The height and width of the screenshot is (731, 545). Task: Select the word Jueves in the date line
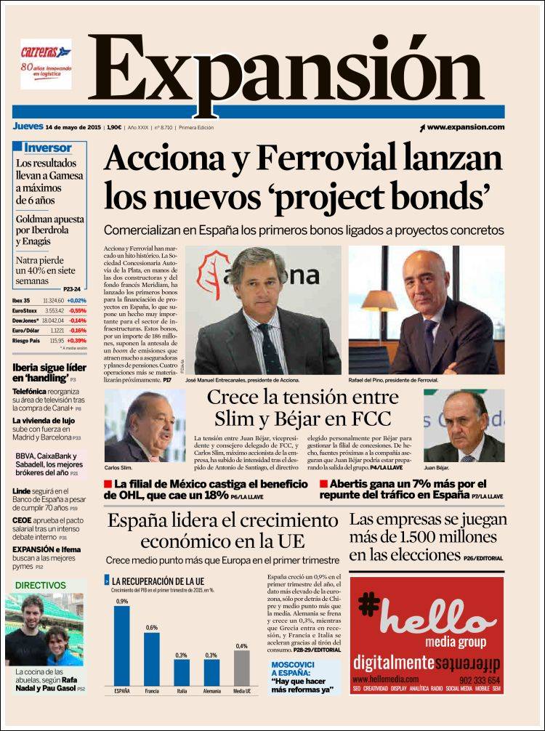tap(27, 126)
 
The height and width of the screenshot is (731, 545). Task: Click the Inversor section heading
tap(48, 148)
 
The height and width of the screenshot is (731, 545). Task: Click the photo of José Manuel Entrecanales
tap(263, 310)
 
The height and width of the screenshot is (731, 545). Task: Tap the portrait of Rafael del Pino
tap(427, 310)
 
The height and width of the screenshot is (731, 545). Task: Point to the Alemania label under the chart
tap(211, 691)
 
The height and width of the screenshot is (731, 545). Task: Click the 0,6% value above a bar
tap(151, 627)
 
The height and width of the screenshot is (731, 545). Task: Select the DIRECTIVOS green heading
tap(41, 585)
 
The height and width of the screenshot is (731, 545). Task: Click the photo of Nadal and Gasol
tap(44, 629)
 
